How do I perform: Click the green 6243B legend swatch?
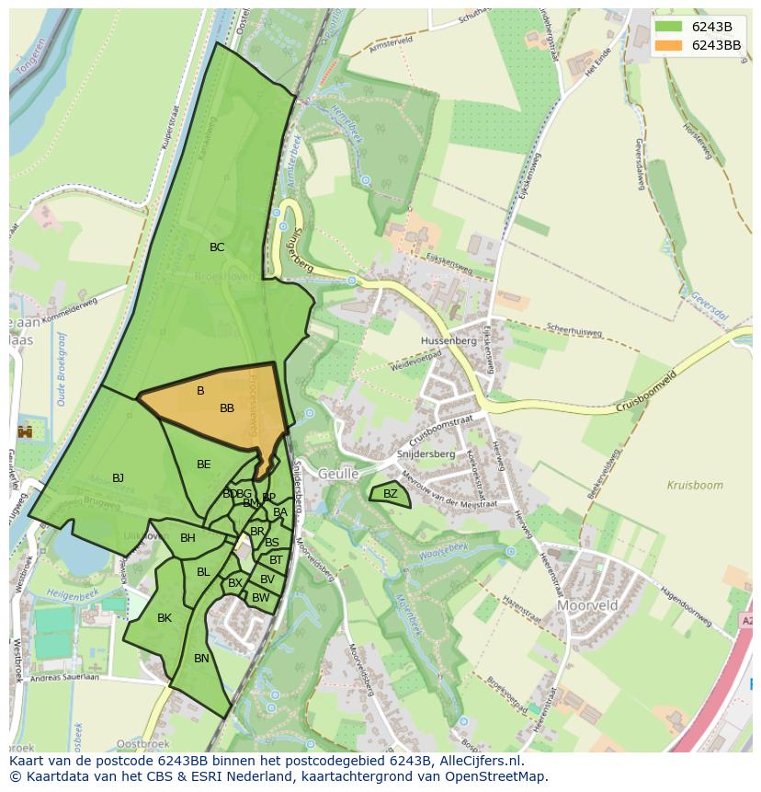tap(669, 27)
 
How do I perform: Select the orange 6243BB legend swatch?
tap(669, 45)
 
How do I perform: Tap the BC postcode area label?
tap(217, 247)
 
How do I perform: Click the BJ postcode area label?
tap(118, 478)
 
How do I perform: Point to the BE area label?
tap(204, 465)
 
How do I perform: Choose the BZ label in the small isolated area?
tap(391, 494)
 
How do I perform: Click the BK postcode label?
tap(165, 618)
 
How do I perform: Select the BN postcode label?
tap(201, 659)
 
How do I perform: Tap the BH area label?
tap(187, 538)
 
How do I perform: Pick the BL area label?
tap(203, 572)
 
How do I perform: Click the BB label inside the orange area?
tap(227, 408)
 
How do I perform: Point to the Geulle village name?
tap(337, 474)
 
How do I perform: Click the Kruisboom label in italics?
tap(695, 485)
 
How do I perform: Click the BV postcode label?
tap(267, 580)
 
